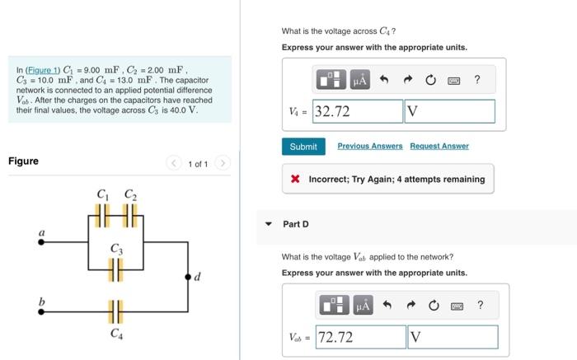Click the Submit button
(x=303, y=147)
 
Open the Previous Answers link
(x=370, y=147)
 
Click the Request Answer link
(x=439, y=147)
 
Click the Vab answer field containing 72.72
(x=359, y=337)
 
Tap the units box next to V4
(x=449, y=111)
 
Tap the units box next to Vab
(x=452, y=337)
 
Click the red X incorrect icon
(x=295, y=179)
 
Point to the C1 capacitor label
(x=103, y=194)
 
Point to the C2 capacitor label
(x=130, y=194)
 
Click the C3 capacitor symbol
(x=117, y=267)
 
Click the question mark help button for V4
(x=477, y=80)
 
